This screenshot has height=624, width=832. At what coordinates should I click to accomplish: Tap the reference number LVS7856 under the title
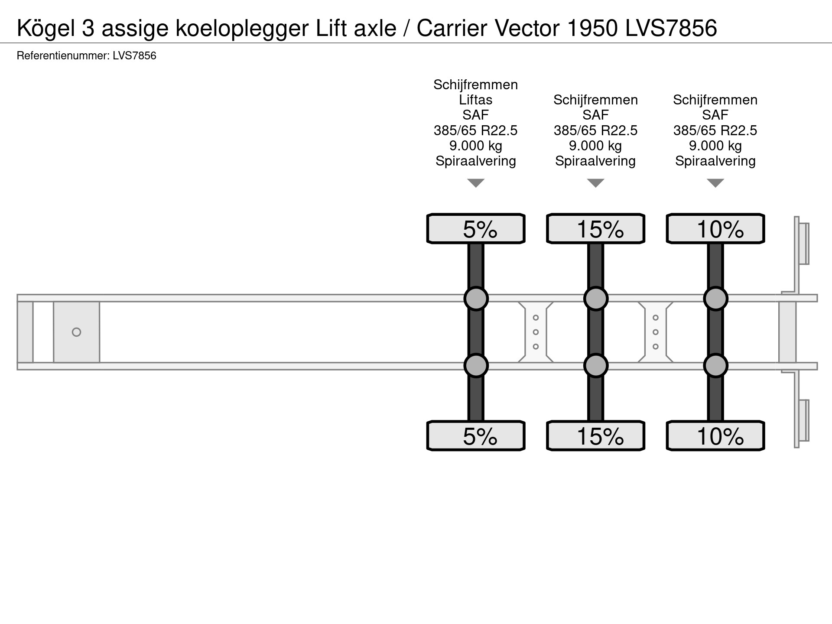pos(134,56)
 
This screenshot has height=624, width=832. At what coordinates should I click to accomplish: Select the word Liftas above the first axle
pos(475,100)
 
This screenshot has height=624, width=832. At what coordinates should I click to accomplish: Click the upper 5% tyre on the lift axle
pos(476,228)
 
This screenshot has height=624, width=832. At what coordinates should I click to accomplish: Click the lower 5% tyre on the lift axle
pos(476,435)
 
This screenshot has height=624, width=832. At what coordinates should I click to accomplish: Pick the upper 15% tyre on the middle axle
pos(595,228)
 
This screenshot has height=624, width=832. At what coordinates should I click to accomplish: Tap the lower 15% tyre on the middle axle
pos(595,435)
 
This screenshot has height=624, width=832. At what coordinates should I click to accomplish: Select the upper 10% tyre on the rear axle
pos(715,228)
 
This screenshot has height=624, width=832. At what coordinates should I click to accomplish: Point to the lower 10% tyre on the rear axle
pos(715,435)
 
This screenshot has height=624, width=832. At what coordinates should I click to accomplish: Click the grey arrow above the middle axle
pos(595,183)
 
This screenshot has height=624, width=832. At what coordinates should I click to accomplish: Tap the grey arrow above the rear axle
pos(715,183)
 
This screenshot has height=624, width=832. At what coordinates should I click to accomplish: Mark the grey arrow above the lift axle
pos(476,183)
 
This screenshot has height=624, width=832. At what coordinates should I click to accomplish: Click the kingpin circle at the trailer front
pos(76,332)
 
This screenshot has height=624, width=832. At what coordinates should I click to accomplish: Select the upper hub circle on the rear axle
pos(715,299)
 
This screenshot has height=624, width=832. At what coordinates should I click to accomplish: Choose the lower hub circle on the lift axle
pos(476,366)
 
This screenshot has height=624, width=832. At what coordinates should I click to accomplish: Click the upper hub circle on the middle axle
pos(595,299)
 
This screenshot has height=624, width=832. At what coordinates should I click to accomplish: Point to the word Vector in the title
pos(527,29)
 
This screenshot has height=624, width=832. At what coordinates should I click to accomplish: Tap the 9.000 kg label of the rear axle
pos(715,146)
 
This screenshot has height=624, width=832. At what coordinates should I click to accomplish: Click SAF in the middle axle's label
pos(595,115)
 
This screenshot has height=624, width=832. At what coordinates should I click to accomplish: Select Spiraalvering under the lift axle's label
pos(475,161)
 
